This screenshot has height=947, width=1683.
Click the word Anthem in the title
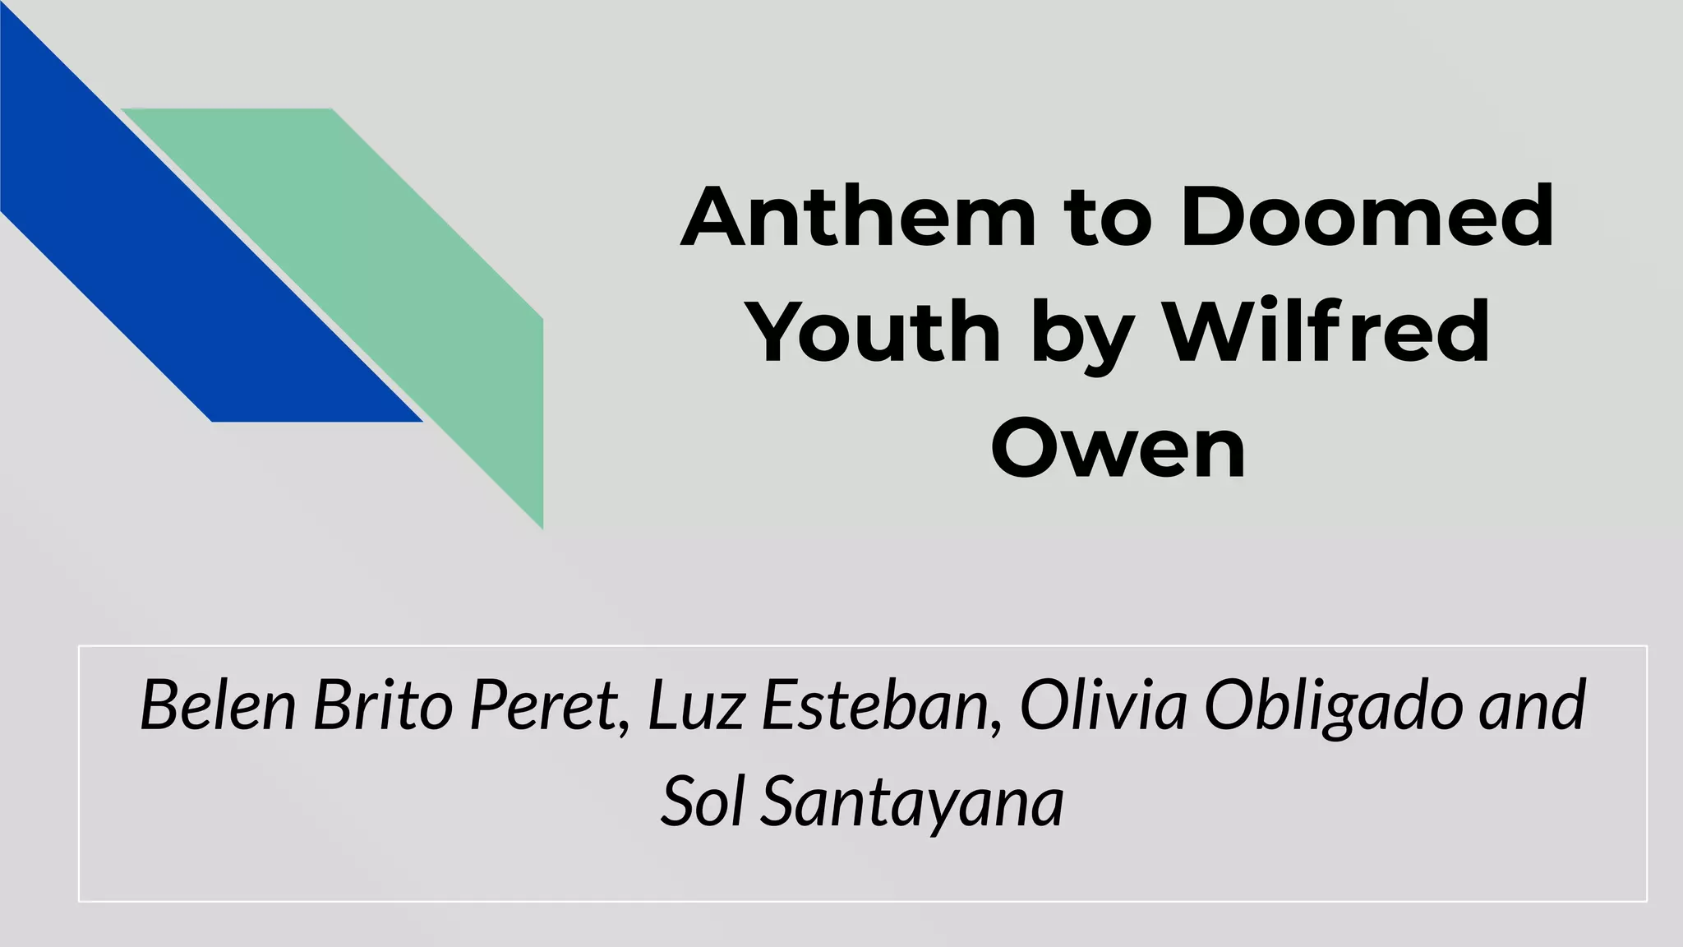[x=858, y=217]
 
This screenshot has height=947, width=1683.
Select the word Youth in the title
[x=876, y=334]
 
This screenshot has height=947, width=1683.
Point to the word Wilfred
[x=1328, y=332]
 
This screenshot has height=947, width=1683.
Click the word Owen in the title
[x=1118, y=449]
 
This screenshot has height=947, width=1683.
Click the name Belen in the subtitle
[x=218, y=705]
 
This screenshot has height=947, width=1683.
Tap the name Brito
[x=383, y=705]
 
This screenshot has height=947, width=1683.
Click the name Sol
[x=703, y=801]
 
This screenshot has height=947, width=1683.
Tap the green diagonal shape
[x=394, y=271]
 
